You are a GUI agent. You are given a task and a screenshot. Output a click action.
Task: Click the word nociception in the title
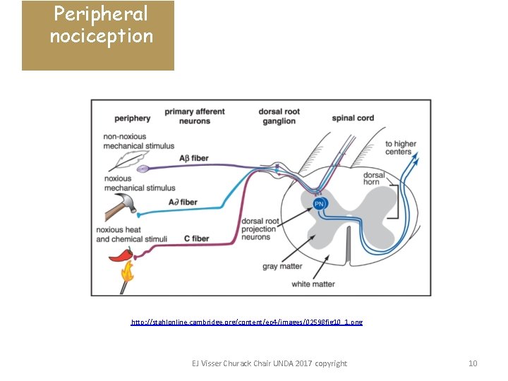click(x=101, y=36)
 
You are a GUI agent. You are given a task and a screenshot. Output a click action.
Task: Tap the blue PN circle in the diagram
click(x=320, y=204)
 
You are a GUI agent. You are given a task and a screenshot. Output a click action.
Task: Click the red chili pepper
click(x=121, y=255)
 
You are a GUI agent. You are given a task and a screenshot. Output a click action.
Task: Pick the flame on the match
click(x=127, y=272)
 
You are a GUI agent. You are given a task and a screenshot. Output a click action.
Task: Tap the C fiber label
click(x=195, y=239)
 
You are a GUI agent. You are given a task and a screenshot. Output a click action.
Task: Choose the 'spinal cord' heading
click(x=353, y=118)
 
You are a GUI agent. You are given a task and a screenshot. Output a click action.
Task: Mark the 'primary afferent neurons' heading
click(x=195, y=116)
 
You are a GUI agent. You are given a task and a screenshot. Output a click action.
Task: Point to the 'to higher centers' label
click(x=401, y=147)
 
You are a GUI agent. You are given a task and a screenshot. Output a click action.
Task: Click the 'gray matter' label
click(x=282, y=267)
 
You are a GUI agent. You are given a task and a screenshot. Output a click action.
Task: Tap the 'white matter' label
click(x=313, y=284)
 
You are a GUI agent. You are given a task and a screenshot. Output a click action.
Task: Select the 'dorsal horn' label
click(x=373, y=178)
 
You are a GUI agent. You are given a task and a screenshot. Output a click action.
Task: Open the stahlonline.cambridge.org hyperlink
click(x=247, y=322)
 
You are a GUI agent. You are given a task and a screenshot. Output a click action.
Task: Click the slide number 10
click(x=473, y=363)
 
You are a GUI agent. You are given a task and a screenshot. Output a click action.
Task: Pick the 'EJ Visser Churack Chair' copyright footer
click(x=270, y=363)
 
